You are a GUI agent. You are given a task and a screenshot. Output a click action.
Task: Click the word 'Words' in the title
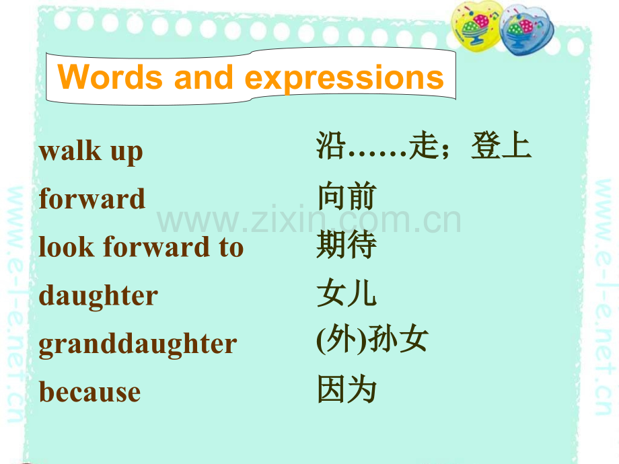tap(110, 77)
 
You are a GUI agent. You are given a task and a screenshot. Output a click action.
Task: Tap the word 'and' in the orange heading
tap(204, 77)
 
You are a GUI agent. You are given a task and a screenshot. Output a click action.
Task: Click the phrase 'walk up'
tap(91, 151)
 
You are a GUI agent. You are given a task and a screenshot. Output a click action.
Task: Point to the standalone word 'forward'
tap(92, 198)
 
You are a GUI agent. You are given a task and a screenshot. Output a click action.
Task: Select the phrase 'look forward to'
tap(141, 247)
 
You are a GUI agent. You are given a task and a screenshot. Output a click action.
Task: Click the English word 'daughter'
tap(98, 296)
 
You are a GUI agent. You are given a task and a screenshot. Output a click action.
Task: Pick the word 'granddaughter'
tap(138, 344)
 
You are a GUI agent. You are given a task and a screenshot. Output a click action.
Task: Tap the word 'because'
tap(89, 392)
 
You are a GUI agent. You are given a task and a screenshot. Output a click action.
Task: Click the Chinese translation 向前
tap(347, 196)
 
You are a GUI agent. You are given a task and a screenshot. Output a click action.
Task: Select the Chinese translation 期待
tap(347, 245)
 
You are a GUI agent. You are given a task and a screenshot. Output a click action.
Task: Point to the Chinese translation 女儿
tap(347, 293)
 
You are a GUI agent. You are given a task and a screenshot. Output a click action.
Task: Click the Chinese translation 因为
tap(347, 389)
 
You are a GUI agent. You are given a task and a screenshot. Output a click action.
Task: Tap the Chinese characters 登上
tap(501, 145)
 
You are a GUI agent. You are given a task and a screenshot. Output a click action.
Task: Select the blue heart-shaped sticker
tap(526, 30)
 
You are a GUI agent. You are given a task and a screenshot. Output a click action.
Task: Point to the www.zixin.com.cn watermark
tap(309, 219)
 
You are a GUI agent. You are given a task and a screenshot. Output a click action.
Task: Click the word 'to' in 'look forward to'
tap(231, 247)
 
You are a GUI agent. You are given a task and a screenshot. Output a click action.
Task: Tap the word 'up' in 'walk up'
tap(126, 153)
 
